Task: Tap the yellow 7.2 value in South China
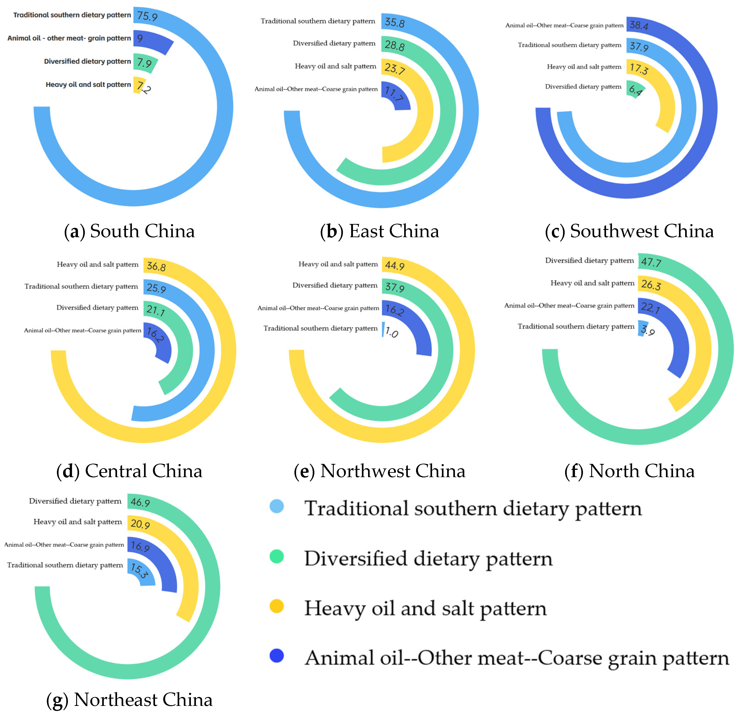coord(144,87)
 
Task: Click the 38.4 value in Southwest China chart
coord(639,25)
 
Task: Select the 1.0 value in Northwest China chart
coord(392,332)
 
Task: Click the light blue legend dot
coord(277,506)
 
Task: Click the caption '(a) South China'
coord(129,231)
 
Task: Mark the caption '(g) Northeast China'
coord(129,699)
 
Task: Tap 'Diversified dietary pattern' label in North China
coord(589,261)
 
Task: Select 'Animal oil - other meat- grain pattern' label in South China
coord(69,38)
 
